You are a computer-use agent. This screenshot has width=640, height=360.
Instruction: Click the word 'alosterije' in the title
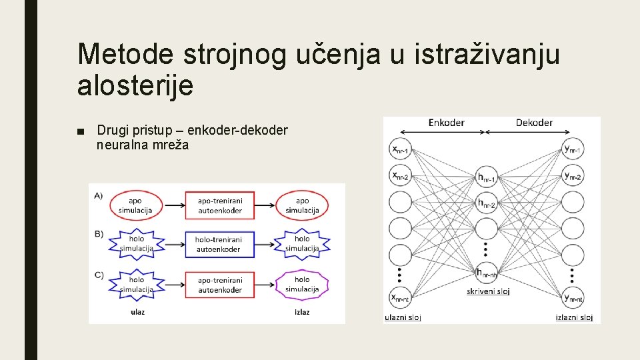coord(135,86)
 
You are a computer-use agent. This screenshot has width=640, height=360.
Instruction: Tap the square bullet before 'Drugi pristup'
coord(81,130)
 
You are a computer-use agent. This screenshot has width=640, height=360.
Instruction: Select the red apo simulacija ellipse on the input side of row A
coord(135,205)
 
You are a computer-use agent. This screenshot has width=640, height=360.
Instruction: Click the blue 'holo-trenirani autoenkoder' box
coord(219,244)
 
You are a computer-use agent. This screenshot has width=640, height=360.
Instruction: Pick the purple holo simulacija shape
coord(302,285)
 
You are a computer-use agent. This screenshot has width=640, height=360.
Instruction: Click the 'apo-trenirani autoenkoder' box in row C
coord(219,285)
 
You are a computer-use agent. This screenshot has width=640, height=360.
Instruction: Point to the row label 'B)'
coord(99,234)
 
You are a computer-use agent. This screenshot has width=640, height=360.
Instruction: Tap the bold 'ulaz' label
coord(137,311)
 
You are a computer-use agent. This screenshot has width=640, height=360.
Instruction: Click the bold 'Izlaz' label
coord(302,311)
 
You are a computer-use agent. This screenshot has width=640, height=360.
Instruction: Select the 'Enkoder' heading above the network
coord(446,123)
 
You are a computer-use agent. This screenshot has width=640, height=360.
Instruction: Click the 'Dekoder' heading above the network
coord(534,123)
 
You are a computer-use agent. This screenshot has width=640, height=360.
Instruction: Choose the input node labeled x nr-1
coord(401,149)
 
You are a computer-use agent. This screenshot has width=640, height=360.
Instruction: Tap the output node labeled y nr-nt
coord(573,298)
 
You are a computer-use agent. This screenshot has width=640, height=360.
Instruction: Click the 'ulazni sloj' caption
coord(403,317)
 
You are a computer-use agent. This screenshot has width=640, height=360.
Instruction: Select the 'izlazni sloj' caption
coord(574,317)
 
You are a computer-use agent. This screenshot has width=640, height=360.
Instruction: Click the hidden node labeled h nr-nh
coord(487,273)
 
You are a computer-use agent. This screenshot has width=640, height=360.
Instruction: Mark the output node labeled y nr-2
coord(573,176)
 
